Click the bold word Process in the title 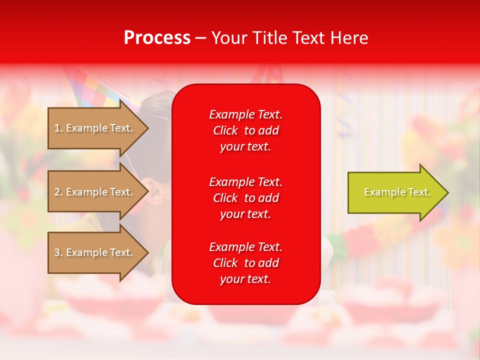[x=157, y=38]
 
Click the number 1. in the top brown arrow [x=58, y=128]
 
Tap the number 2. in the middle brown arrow [x=58, y=192]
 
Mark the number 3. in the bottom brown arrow [x=58, y=252]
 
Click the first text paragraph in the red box [x=245, y=130]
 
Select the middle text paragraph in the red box [x=245, y=198]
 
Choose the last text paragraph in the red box [x=245, y=263]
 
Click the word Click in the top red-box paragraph [x=225, y=130]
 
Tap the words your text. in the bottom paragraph [x=245, y=279]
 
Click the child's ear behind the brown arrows [x=154, y=190]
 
